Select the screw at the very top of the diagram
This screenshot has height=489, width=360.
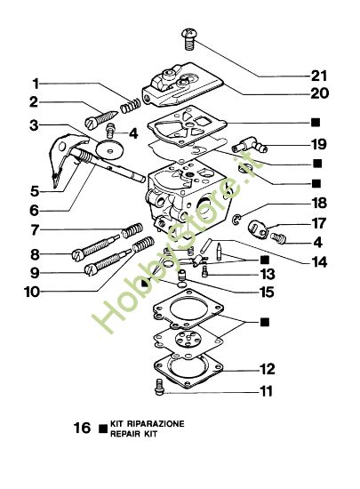coord(188,36)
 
